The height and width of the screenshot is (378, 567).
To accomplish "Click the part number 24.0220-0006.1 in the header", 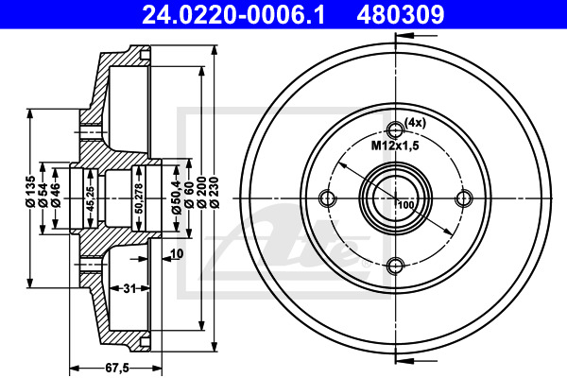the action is pos(233,14).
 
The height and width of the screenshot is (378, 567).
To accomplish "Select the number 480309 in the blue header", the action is pos(401,14).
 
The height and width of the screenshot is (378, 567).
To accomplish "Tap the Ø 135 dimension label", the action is pos(30,192).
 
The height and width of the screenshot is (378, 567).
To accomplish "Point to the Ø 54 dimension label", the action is pos(43,195).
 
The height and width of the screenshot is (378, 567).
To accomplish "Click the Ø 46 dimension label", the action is pos(56,195).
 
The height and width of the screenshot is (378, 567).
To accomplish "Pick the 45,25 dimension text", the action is pos(91,198).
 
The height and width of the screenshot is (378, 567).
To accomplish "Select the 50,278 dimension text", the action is pos(140,198).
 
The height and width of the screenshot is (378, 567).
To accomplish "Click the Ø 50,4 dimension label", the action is pos(177,196).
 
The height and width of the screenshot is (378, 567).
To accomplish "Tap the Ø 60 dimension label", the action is pos(189,195).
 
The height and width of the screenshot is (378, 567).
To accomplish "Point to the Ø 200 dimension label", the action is pos(202,192).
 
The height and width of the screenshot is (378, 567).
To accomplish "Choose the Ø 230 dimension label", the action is pos(215,192).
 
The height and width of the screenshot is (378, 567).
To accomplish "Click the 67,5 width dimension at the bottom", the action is pos(117,368).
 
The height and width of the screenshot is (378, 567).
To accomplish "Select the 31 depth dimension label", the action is pos(129,288).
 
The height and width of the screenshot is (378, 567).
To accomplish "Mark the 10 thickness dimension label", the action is pos(178,253).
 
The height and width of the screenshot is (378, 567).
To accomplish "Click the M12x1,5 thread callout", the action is pos(395,146).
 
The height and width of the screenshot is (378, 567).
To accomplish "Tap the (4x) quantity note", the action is pos(415,123).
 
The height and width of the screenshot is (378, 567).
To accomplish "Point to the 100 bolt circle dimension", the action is pos(406,205).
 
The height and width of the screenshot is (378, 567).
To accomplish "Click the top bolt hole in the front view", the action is pos(396,129).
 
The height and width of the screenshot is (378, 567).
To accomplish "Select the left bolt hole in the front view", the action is pos(328,198).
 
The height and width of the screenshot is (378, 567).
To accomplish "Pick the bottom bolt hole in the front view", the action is pos(396,266).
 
